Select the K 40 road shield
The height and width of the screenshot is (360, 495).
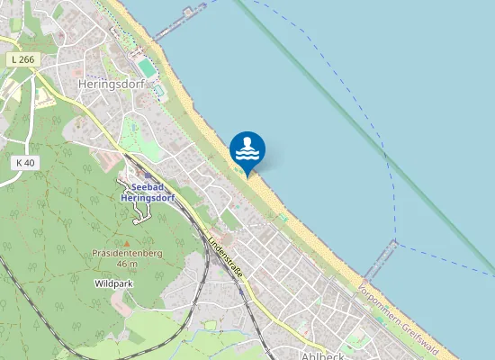tap(25, 162)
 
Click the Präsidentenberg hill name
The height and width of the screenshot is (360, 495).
tap(126, 253)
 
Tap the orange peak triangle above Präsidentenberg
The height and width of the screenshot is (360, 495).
tap(127, 242)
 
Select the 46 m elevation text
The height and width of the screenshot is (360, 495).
tap(127, 264)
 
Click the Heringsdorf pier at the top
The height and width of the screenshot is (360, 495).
tap(180, 22)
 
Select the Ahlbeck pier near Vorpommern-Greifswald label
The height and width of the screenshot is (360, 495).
tap(382, 260)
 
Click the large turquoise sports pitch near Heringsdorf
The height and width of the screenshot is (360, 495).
tap(147, 67)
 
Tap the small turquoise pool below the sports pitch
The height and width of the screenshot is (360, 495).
tap(157, 90)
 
